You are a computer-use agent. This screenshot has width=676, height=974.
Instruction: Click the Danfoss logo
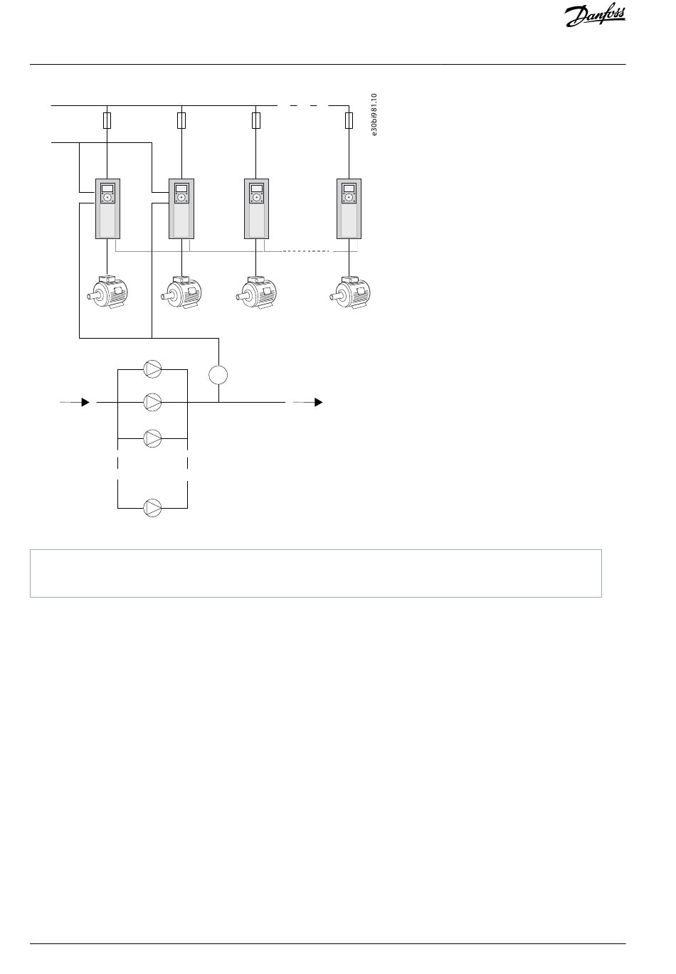[595, 16]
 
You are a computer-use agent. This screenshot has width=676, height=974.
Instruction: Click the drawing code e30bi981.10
[375, 114]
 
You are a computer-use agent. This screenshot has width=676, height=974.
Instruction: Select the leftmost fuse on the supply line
[107, 120]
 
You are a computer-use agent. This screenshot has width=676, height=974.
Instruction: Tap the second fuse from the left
[181, 120]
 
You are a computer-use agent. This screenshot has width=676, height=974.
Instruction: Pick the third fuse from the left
[256, 120]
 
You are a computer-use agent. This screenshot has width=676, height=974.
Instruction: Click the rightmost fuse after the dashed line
[349, 120]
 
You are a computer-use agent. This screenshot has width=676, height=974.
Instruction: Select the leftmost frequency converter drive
[107, 208]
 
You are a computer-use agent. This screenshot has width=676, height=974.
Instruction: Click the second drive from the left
[181, 208]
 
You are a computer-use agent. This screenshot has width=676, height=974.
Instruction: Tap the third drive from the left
[256, 208]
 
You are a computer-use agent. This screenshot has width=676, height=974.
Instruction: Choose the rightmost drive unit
[349, 208]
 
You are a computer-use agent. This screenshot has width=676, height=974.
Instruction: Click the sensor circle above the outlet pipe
[218, 374]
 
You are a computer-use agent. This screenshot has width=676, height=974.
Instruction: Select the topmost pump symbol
[153, 369]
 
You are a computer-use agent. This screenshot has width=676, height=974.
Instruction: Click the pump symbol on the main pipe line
[153, 402]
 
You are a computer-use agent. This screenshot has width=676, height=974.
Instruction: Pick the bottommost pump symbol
[153, 508]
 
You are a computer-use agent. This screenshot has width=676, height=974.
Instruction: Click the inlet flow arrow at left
[84, 402]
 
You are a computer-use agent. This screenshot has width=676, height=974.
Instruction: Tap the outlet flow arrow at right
[317, 402]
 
